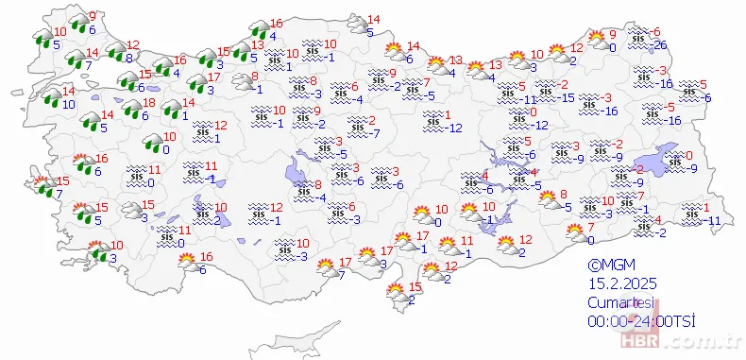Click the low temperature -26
[662, 45]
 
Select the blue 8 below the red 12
[128, 58]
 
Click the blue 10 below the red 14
[70, 104]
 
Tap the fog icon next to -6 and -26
[642, 39]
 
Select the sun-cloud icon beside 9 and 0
[599, 40]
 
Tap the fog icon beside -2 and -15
[546, 92]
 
